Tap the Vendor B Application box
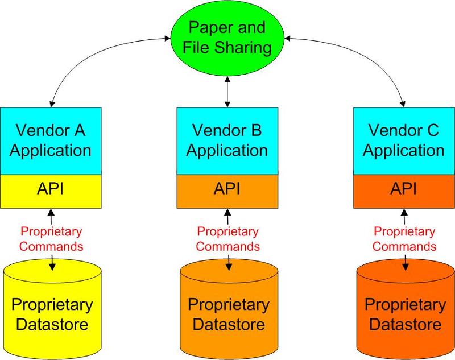(x=227, y=141)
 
